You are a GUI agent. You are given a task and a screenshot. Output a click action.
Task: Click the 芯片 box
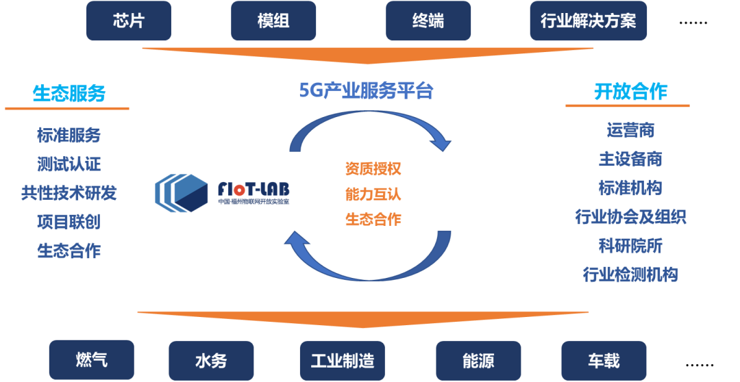pos(128,21)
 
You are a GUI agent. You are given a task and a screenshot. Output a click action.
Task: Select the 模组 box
pos(273,21)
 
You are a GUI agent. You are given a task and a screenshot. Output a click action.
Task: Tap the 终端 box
pos(428,21)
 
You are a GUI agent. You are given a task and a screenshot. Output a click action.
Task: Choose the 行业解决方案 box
pos(588,21)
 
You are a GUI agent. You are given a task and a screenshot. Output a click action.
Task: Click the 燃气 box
pos(91,359)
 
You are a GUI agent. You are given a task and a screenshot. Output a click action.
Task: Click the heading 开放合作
pos(630,92)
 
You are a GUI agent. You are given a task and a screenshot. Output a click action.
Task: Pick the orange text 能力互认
pos(373,194)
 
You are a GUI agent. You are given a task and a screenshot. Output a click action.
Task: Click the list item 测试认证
pos(69,164)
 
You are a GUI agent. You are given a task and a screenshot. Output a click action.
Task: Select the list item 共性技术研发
pos(69,193)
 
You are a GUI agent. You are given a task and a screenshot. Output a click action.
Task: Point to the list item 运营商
pos(630,130)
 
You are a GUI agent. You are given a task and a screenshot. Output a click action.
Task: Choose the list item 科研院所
pos(630,246)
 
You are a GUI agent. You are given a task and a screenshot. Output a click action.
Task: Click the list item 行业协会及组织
pos(630,217)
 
